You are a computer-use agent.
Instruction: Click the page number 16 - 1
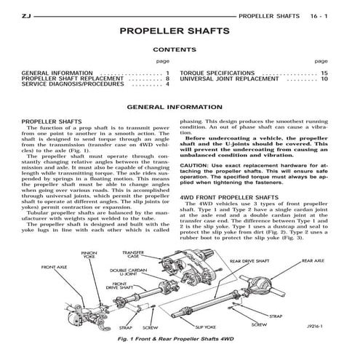point(324,14)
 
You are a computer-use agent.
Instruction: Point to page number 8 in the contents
point(167,79)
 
